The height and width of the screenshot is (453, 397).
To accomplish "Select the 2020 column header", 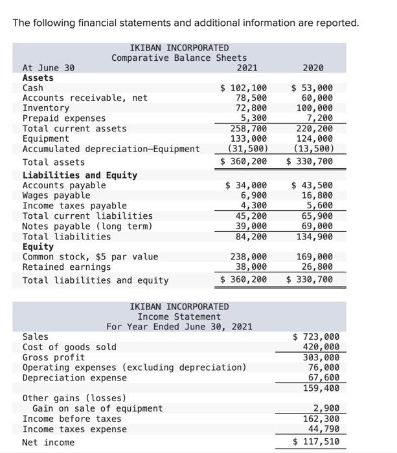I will point(313,67).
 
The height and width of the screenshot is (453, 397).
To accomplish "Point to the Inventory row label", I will point(45,108).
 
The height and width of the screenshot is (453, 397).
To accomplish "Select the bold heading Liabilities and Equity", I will point(80,175).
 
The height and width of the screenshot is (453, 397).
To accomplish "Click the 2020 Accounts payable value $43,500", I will point(313,186).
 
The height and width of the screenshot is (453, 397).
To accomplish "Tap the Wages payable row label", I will point(56,195).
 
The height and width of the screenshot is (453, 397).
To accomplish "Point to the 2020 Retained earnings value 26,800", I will point(317,267).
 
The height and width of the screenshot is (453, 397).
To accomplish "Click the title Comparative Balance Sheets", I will point(179,58).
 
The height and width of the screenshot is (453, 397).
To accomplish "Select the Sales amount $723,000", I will point(316,337).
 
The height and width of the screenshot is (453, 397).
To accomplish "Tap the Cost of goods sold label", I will point(69,347).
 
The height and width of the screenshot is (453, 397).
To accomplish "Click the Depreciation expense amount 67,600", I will point(321,378).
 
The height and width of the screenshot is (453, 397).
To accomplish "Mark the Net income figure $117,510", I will point(316,442).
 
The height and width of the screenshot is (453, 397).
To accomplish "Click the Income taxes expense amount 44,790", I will point(321,429).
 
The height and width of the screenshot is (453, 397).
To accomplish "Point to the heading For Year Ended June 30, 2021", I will point(179,327).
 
